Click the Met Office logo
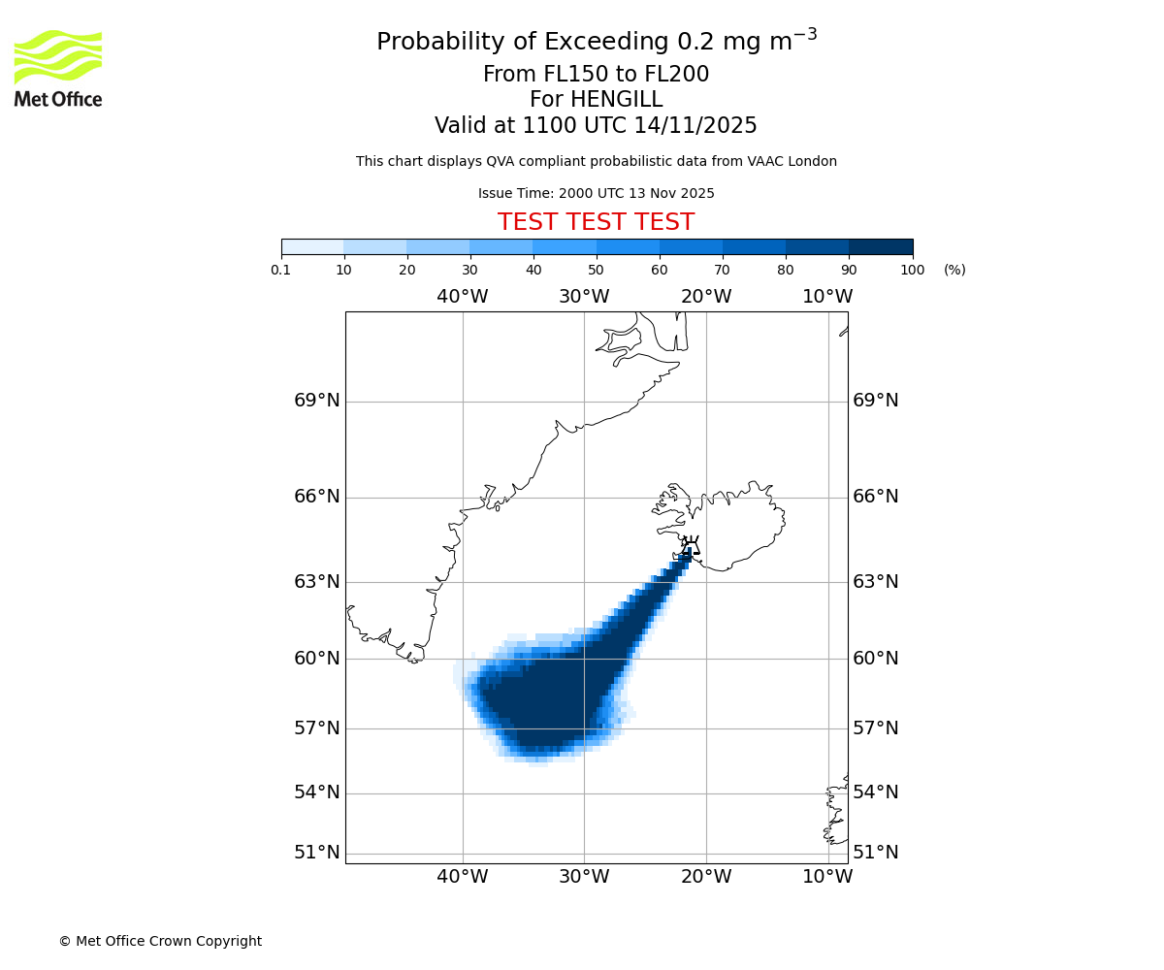(58, 68)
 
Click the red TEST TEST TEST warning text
(596, 223)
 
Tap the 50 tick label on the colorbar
(597, 270)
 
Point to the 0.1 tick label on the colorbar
(281, 270)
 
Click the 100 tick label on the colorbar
(912, 270)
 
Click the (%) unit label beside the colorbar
(954, 270)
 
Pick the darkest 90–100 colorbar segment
(881, 246)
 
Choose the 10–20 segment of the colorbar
(374, 246)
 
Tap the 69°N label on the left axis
(317, 401)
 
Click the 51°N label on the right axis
(875, 853)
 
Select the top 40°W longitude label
(462, 297)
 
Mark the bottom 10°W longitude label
(827, 877)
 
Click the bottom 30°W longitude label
(584, 877)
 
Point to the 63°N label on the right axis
(875, 582)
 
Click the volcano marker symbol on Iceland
(690, 546)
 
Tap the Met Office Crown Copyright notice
(160, 941)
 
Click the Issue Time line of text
(596, 193)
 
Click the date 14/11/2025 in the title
(695, 126)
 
